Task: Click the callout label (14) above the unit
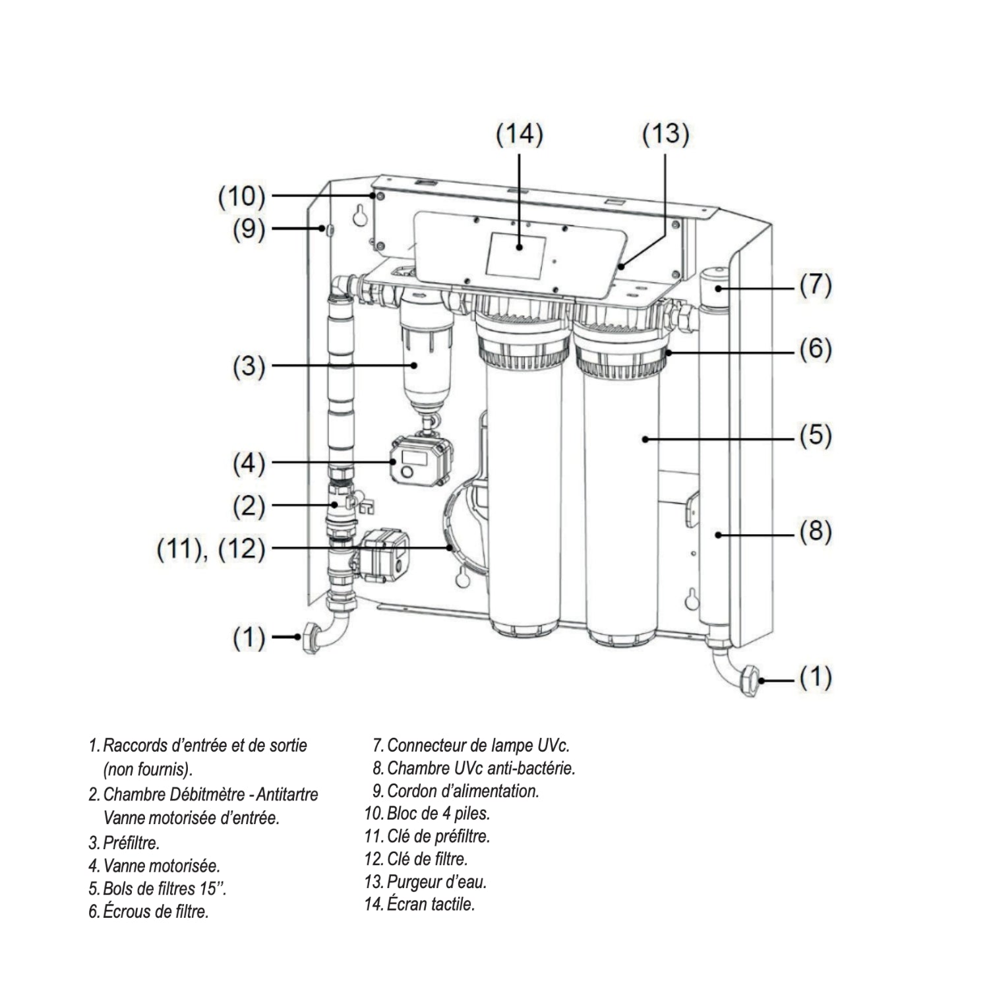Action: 520,135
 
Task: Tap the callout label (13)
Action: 665,134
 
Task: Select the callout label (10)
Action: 242,196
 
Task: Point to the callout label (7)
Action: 816,285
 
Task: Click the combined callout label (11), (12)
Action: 211,548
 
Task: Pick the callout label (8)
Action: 816,531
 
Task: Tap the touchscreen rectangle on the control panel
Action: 516,255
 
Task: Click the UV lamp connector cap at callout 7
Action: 713,289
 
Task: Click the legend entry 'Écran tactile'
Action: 431,904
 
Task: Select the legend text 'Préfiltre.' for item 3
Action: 131,843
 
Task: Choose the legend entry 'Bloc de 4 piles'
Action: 438,813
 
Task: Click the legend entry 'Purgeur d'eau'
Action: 436,882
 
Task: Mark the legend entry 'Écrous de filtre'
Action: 156,912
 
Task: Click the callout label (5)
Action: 816,436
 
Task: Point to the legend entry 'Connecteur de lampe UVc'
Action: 478,746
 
